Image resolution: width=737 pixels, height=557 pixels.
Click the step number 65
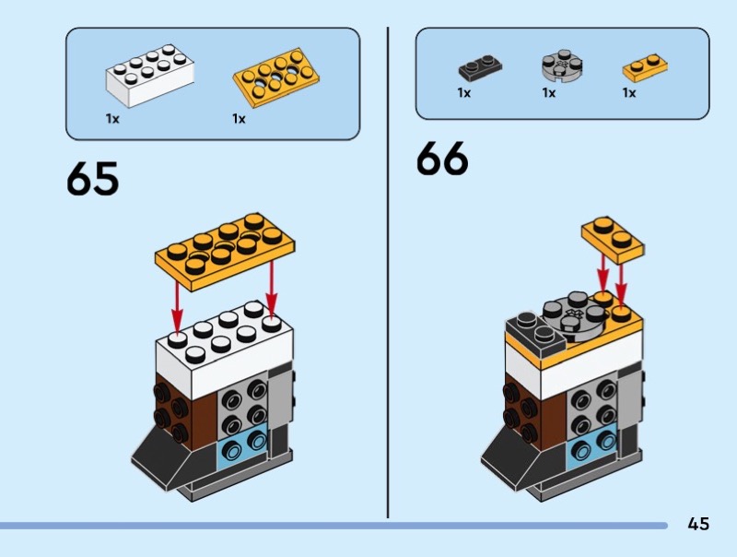[x=92, y=179]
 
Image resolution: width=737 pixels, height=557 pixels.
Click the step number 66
[x=442, y=159]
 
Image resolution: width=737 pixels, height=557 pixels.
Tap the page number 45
[x=698, y=524]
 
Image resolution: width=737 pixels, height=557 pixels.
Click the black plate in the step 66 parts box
[x=478, y=68]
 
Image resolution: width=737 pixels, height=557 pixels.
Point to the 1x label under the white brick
[x=112, y=119]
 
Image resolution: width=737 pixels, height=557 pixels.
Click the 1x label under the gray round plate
[x=549, y=93]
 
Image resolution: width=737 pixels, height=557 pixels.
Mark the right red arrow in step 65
[x=272, y=286]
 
